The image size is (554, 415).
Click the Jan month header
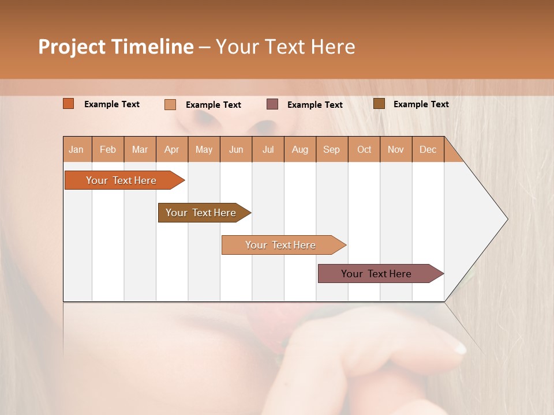click(76, 149)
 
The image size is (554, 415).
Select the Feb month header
click(108, 149)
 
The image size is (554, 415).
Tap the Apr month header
click(172, 149)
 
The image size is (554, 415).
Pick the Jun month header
click(236, 149)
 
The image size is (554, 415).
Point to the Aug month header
click(300, 149)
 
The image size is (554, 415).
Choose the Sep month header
click(332, 149)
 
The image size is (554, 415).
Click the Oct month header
click(364, 149)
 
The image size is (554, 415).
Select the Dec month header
click(428, 149)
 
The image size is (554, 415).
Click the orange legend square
click(69, 104)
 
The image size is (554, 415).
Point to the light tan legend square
click(170, 104)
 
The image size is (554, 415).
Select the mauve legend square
click(272, 104)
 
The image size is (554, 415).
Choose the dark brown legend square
click(379, 104)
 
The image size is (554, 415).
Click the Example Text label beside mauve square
click(315, 105)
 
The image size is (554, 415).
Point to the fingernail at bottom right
click(459, 347)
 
